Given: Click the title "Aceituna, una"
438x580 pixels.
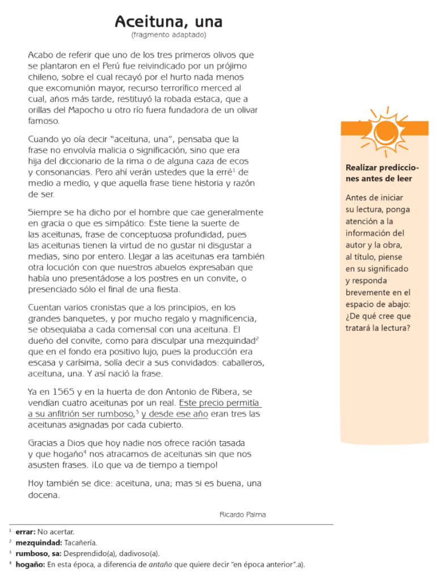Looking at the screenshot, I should point(168,22).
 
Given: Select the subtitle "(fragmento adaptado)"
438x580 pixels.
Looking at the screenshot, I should point(168,35).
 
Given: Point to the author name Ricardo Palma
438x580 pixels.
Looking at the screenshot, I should point(243,514).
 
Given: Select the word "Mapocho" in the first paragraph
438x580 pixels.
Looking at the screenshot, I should point(80,110).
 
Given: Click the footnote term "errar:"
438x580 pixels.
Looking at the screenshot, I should point(25,531).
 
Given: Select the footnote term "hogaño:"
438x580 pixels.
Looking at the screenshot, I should point(30,564).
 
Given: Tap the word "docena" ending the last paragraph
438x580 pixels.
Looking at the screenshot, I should point(43,494).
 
